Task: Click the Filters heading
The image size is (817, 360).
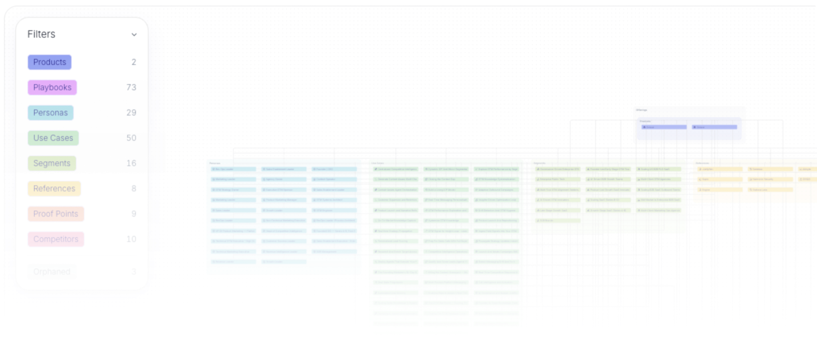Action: [x=41, y=34]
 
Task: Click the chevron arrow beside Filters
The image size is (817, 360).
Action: [x=134, y=35]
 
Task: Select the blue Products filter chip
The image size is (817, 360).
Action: [x=50, y=62]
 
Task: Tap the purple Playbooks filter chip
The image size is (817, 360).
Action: [x=52, y=88]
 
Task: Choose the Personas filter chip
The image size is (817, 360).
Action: [x=50, y=113]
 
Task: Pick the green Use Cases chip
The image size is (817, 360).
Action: [x=53, y=138]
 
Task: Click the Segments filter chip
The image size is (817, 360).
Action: [x=52, y=163]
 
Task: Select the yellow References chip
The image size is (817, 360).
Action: [x=54, y=189]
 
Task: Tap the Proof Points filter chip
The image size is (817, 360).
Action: [x=56, y=214]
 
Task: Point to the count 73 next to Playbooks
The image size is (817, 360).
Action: [x=131, y=88]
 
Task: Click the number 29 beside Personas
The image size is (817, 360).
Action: [x=131, y=113]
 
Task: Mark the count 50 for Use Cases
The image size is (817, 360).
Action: [x=131, y=138]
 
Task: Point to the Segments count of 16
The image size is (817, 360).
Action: [x=131, y=163]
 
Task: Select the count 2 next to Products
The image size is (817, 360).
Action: [x=133, y=62]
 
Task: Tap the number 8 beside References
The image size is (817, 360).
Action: [x=133, y=189]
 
